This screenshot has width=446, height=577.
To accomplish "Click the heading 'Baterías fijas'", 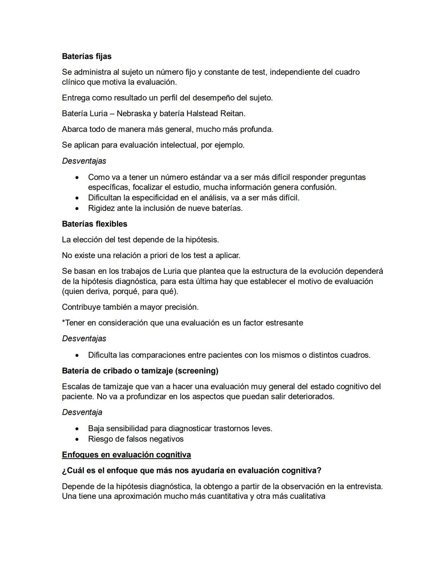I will pyautogui.click(x=87, y=56).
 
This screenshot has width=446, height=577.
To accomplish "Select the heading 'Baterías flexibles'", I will pyautogui.click(x=95, y=224).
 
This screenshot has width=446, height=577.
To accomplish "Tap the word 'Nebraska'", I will pyautogui.click(x=133, y=114).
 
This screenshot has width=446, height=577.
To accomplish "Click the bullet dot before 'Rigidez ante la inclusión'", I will pyautogui.click(x=77, y=209).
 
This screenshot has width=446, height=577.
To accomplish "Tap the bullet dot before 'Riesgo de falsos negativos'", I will pyautogui.click(x=77, y=439).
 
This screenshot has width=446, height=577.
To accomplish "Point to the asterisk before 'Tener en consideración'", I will pyautogui.click(x=63, y=322).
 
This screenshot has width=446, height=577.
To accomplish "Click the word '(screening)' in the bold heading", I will pyautogui.click(x=197, y=371).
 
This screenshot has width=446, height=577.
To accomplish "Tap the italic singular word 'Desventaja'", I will pyautogui.click(x=82, y=412).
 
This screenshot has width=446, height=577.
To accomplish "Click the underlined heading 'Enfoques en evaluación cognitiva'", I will pyautogui.click(x=126, y=455).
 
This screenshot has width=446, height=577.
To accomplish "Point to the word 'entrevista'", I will pyautogui.click(x=364, y=487).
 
